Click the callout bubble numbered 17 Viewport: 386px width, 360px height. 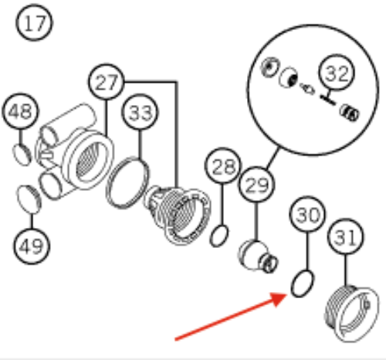tap(34, 22)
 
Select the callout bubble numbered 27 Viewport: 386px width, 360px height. tap(107, 82)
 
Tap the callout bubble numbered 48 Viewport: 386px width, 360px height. tap(21, 111)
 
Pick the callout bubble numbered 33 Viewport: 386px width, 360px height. tap(140, 112)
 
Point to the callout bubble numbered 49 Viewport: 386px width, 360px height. tap(32, 246)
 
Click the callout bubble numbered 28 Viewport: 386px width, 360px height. tap(223, 165)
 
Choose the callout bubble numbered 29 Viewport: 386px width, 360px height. tap(256, 185)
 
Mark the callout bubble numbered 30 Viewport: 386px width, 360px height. tap(307, 214)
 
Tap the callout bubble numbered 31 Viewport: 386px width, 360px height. tap(346, 236)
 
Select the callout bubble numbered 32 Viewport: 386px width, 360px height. tap(337, 73)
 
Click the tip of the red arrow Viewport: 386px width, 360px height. tap(287, 294)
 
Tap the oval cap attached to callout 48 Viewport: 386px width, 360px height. tap(22, 155)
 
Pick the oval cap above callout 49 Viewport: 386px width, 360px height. tap(29, 199)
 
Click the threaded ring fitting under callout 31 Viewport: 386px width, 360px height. tap(351, 314)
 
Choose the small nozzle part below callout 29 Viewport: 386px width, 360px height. tap(258, 256)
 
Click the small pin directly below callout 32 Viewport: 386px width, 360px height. tap(327, 100)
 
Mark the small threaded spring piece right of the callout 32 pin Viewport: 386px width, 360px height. tap(350, 113)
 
